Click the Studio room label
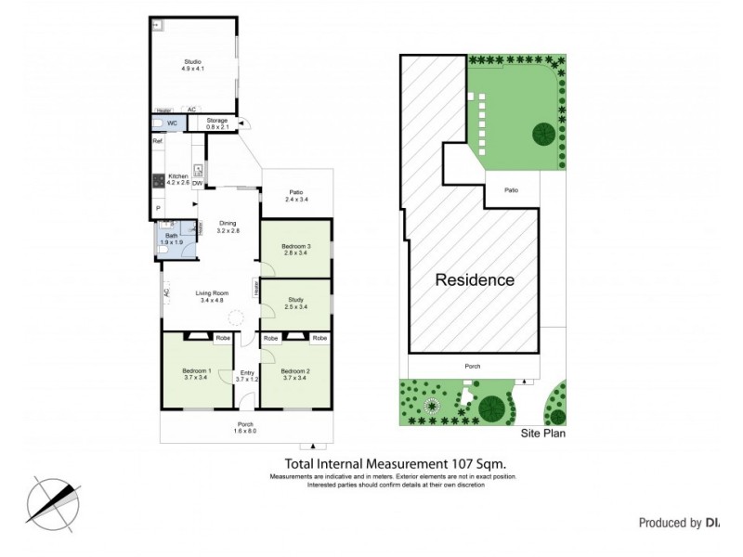point(192,61)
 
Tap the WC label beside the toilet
point(172,123)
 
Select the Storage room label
point(216,121)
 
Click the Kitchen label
point(177,176)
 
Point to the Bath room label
point(171,236)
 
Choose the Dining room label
point(228,224)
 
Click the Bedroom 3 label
point(294,246)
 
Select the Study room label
point(294,299)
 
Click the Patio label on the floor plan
point(294,193)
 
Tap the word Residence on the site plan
point(475,279)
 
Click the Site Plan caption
point(542,433)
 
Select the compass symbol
point(54,500)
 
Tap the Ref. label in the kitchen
point(158,141)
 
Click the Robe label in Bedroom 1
point(223,338)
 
